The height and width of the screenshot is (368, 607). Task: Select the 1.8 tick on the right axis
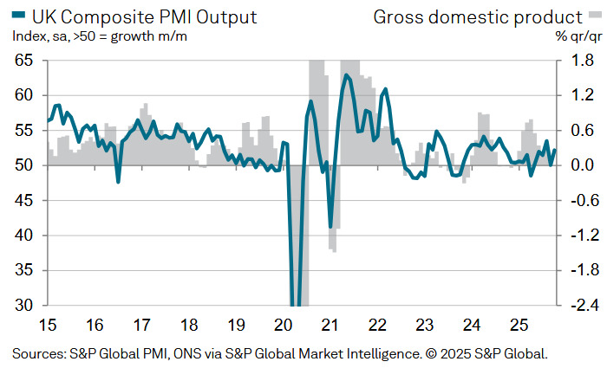tap(583, 61)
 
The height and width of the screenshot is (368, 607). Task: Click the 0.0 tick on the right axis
tap(583, 165)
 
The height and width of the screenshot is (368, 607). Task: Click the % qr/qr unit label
tap(579, 36)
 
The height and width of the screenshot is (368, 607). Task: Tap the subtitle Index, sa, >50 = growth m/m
tap(100, 36)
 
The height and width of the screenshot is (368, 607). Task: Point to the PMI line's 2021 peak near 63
tap(347, 75)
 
